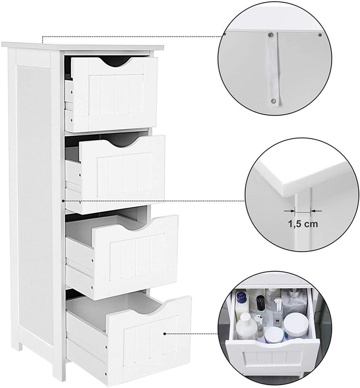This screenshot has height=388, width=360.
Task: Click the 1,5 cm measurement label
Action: (x=303, y=224)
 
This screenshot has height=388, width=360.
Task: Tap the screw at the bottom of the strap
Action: (x=273, y=100)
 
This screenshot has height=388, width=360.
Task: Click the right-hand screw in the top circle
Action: (x=320, y=34)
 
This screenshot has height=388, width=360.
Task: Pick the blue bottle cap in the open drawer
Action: (x=240, y=297)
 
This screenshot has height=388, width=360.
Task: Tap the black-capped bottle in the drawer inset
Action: (x=260, y=303)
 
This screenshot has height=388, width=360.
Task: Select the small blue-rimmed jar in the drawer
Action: (x=273, y=335)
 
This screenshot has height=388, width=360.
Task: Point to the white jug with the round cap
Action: (x=246, y=326)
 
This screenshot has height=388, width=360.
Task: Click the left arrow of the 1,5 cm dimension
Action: (x=290, y=211)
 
